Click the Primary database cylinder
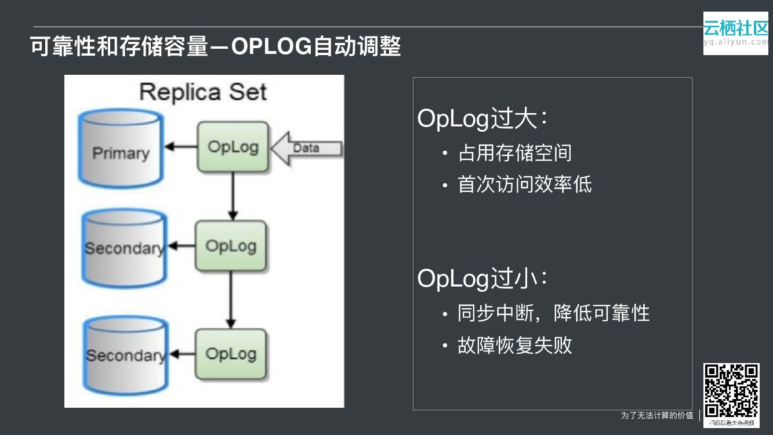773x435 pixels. pos(121,148)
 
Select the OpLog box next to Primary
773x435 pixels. pos(233,147)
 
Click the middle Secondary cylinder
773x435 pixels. pos(124,248)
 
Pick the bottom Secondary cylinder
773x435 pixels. pos(125,354)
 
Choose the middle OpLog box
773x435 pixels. pos(231,246)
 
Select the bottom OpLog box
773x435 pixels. pos(231,354)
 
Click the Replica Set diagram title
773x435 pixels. pos(203,92)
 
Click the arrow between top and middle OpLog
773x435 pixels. pos(233,196)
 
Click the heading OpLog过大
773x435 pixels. pos(482,119)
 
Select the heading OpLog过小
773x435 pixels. pos(482,278)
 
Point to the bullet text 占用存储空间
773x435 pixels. pos(514,153)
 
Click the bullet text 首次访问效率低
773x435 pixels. pos(524,184)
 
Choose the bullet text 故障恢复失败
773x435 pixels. pos(514,345)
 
